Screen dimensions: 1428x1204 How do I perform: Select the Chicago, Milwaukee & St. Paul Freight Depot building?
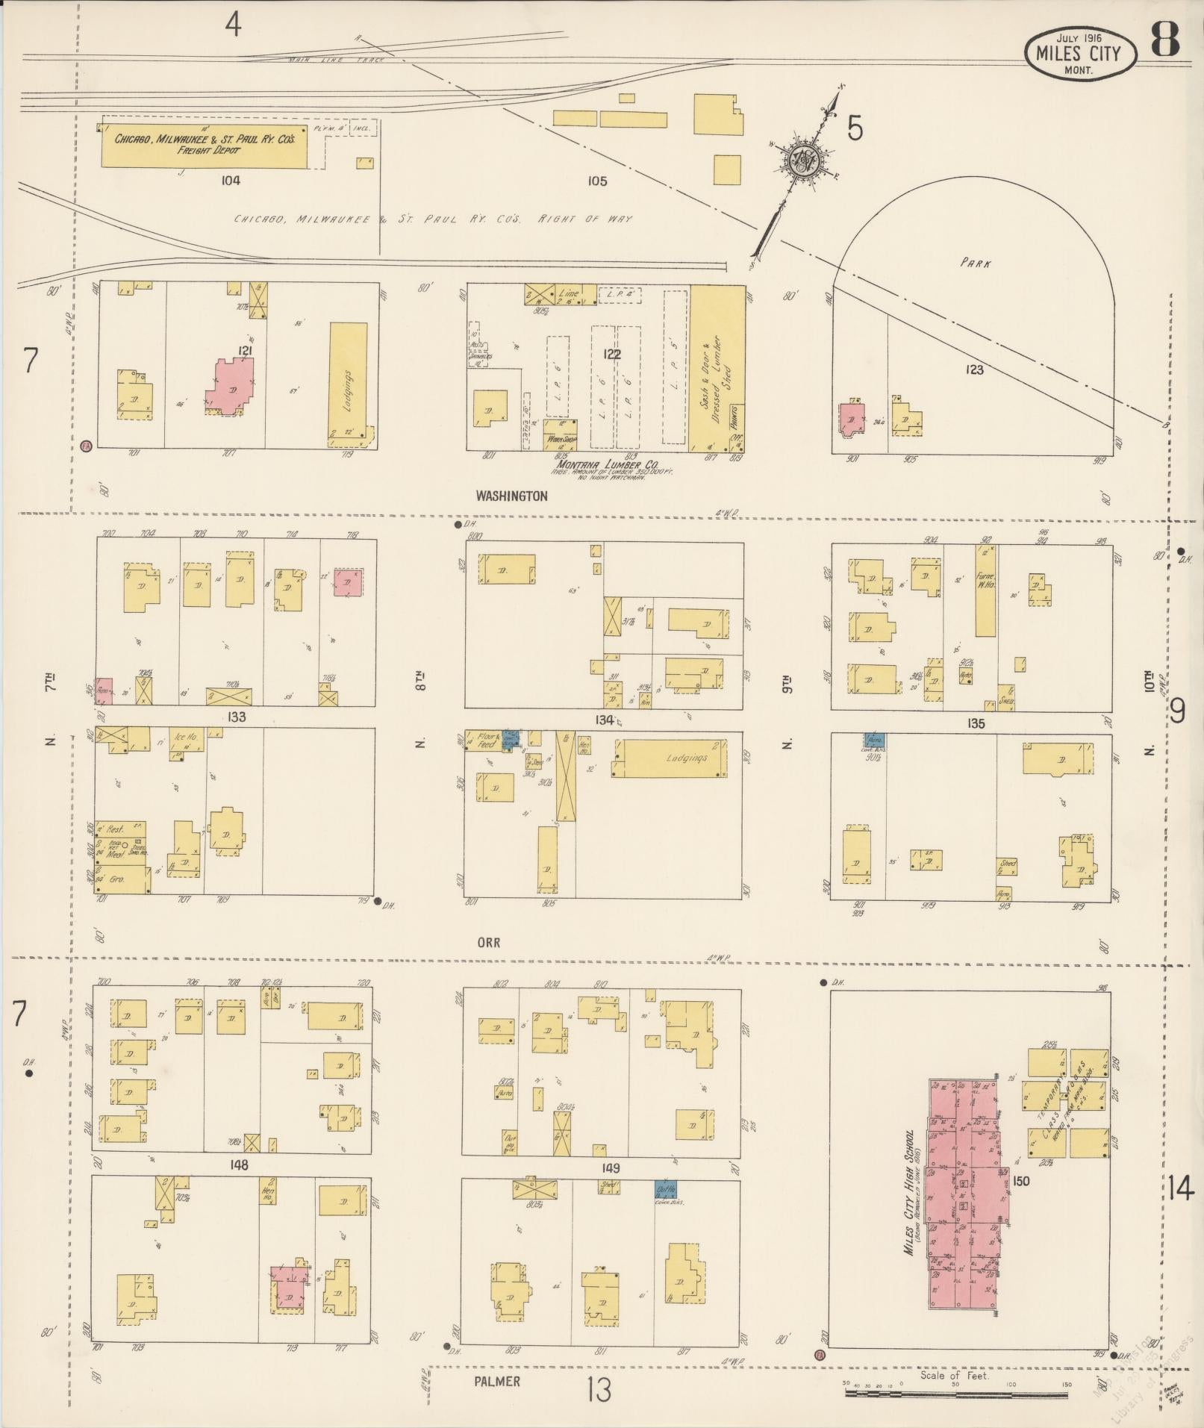[x=203, y=144]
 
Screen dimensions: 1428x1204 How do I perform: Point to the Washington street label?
[x=511, y=496]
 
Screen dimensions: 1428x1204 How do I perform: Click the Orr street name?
[x=488, y=943]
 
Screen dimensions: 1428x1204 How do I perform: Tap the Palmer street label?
[x=496, y=1381]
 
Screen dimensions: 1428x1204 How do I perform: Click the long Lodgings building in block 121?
[x=349, y=383]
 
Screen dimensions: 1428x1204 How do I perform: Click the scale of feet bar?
[x=957, y=1393]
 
